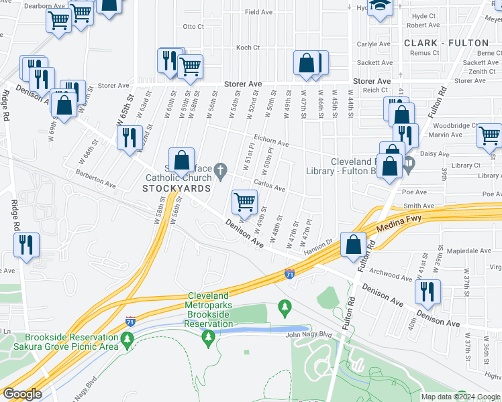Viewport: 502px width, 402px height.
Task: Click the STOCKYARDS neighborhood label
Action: click(x=177, y=189)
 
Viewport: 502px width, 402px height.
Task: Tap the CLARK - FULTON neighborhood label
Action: click(x=446, y=43)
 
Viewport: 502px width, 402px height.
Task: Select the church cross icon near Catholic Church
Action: click(x=222, y=173)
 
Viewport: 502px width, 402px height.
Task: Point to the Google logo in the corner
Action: click(x=22, y=393)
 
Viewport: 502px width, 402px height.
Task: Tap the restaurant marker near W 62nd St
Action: click(x=130, y=137)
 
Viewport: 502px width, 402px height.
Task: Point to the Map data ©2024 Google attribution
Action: click(x=460, y=397)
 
